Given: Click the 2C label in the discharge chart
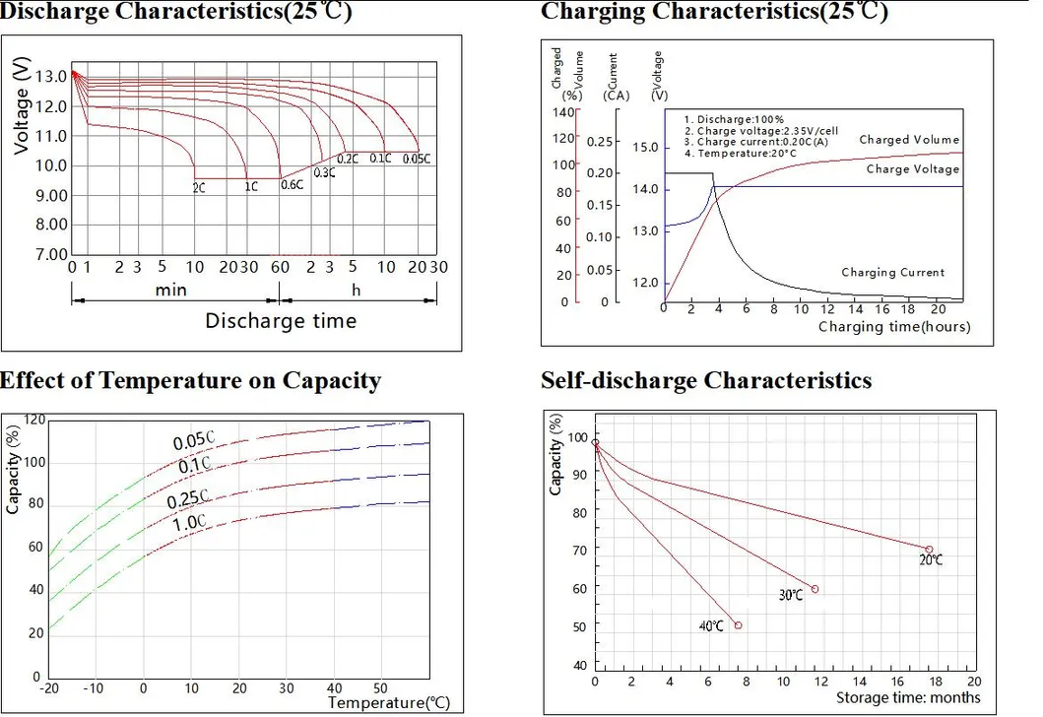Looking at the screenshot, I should coord(199,186).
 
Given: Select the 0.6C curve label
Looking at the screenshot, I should coord(293,184).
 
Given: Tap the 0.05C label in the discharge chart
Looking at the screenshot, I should coord(417,159).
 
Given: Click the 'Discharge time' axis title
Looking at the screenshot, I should coord(281,320).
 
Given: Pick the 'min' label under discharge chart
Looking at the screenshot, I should coord(170,290).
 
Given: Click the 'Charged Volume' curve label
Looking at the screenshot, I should coord(908,140).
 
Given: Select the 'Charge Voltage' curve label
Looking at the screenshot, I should coord(912,169).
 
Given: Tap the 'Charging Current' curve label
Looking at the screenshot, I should coord(892,273).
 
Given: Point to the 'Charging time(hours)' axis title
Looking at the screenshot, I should coord(892,327).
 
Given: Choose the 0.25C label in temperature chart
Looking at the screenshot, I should coord(185,500).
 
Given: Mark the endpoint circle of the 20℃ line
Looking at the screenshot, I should coord(928,550).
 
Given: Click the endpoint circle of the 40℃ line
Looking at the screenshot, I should coord(738,625).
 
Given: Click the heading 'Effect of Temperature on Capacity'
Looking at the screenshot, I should coord(190,381).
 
